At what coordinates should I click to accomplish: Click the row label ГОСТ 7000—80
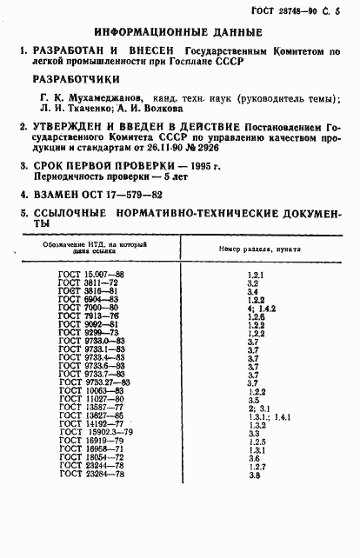(x=89, y=307)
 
